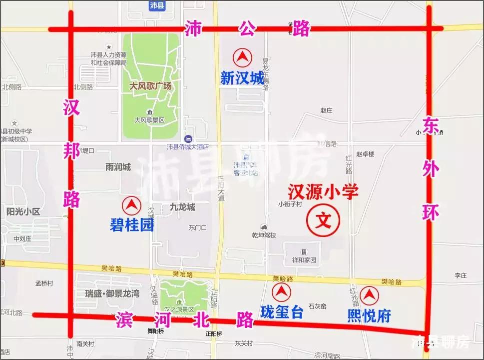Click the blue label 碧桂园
[132, 225]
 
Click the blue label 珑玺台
[282, 312]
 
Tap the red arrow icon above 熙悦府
[369, 295]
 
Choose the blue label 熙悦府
[369, 315]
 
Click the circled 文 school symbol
[323, 219]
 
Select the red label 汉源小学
[323, 192]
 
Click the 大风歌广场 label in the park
[150, 86]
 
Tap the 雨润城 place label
[118, 167]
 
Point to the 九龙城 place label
[182, 207]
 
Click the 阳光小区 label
[23, 211]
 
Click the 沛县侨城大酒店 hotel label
[187, 147]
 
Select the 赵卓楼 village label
[365, 155]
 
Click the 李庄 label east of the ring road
[460, 275]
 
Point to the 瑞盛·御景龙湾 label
[112, 293]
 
